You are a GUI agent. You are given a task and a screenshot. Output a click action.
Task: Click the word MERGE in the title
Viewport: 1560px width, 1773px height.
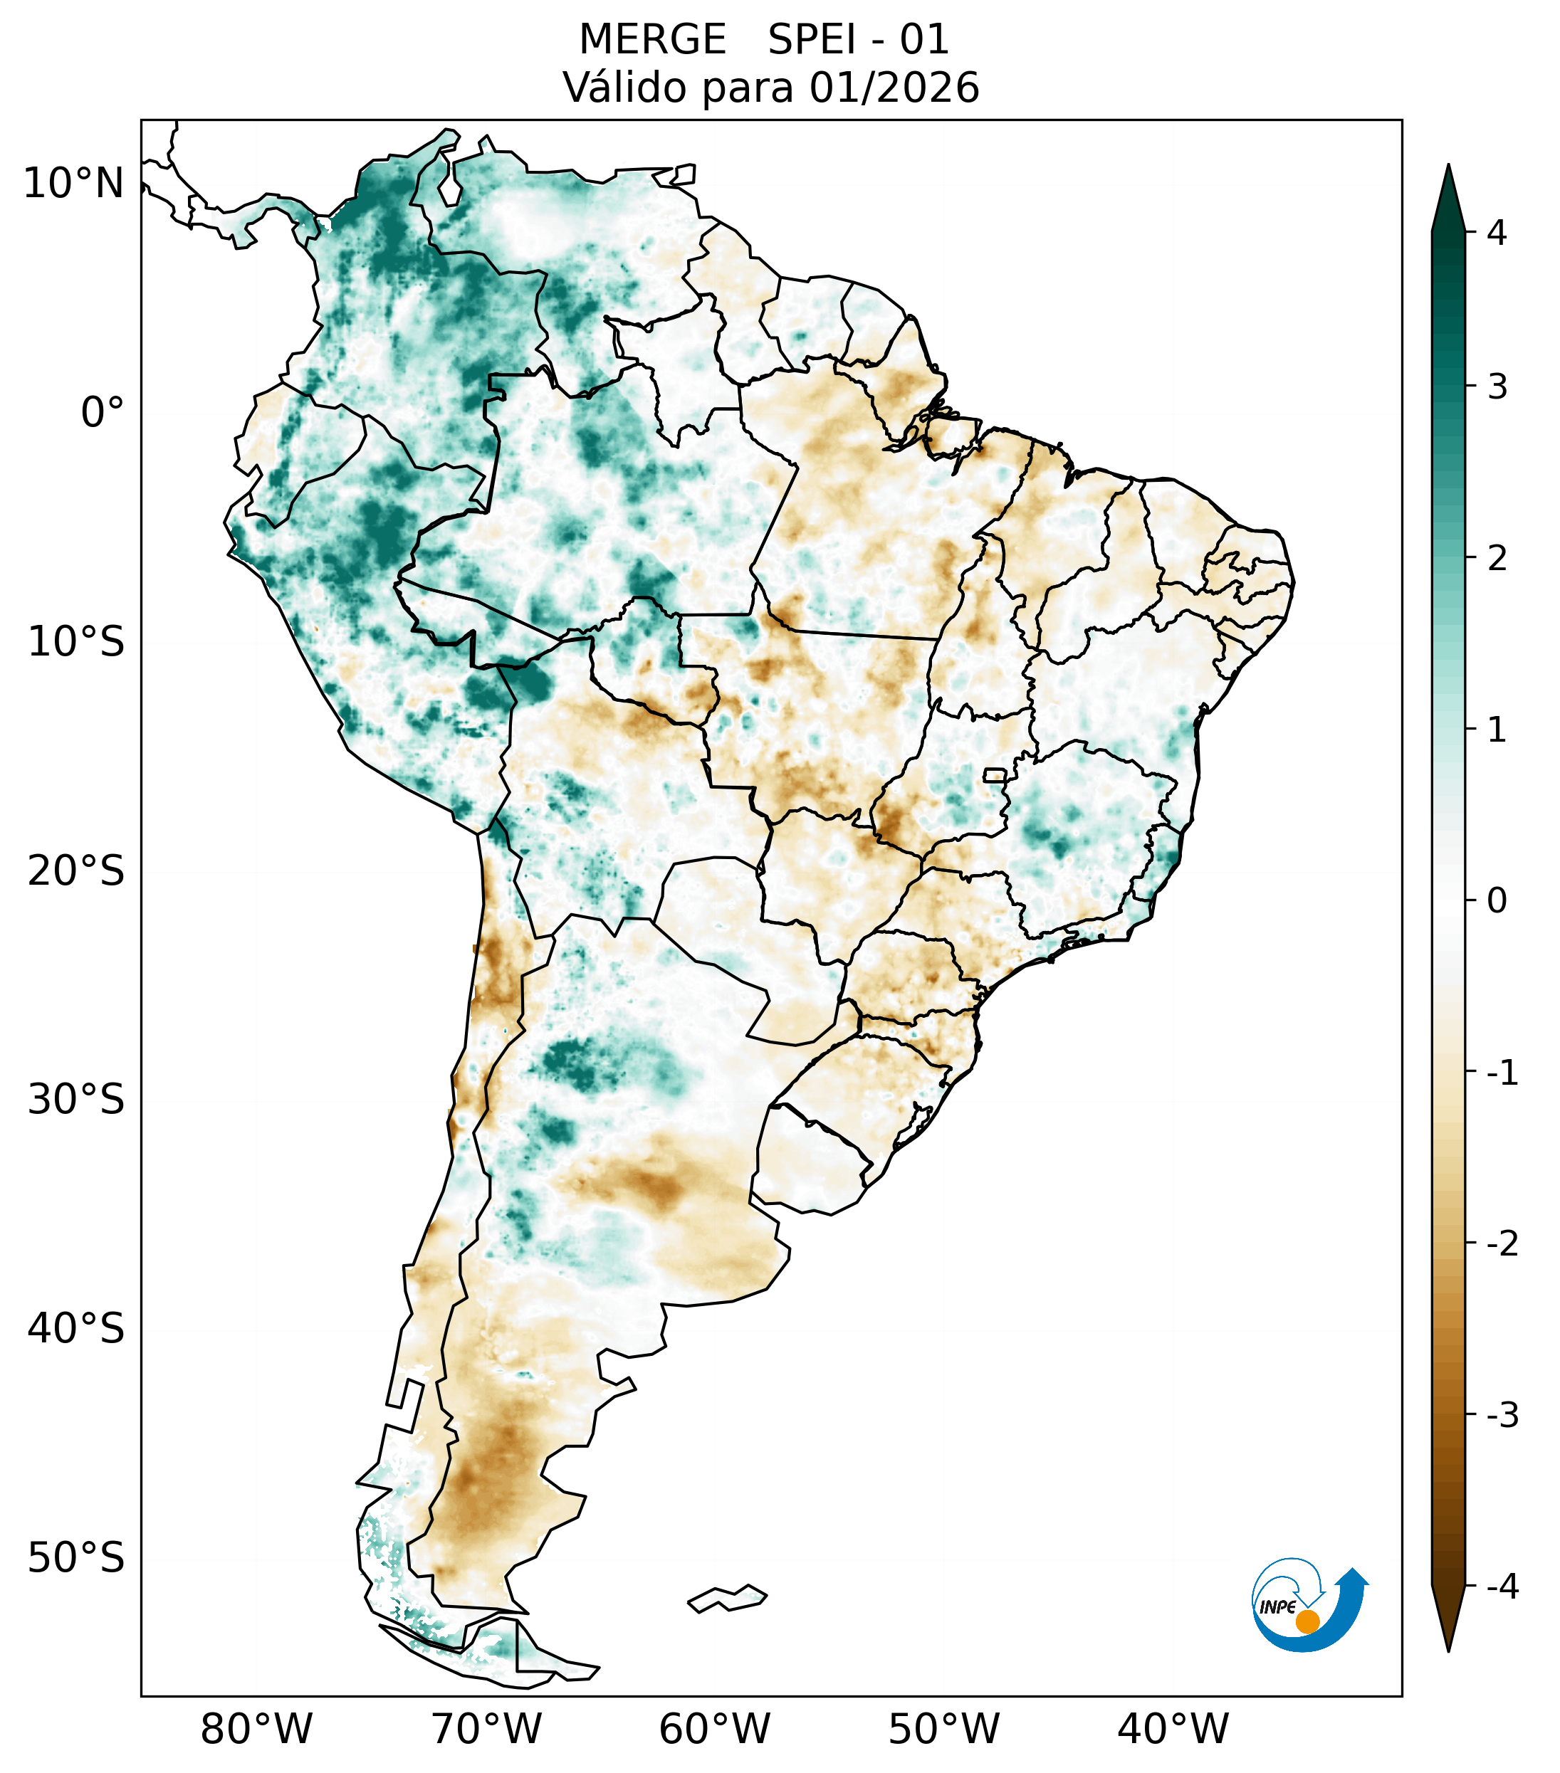coord(651,40)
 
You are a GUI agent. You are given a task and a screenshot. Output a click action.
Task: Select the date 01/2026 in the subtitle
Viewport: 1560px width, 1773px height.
coord(894,88)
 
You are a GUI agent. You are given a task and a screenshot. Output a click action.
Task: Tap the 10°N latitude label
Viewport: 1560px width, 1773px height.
coord(74,184)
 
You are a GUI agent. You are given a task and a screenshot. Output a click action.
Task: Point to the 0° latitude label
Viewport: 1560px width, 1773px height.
coord(103,412)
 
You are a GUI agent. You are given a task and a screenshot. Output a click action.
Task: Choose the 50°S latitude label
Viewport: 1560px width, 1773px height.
coord(76,1558)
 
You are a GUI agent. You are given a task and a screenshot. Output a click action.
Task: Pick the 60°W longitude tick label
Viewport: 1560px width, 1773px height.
coord(714,1730)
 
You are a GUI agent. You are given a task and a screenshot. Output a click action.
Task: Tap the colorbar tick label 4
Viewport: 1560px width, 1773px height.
coord(1497,233)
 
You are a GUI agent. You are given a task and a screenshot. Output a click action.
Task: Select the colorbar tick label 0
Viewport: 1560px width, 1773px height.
coord(1497,900)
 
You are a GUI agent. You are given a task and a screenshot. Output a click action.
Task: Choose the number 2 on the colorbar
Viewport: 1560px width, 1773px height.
coord(1497,558)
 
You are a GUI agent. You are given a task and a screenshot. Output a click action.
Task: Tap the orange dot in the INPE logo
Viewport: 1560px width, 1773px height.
coord(1307,1621)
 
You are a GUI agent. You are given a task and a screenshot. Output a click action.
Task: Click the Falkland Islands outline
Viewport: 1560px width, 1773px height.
coord(727,1598)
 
